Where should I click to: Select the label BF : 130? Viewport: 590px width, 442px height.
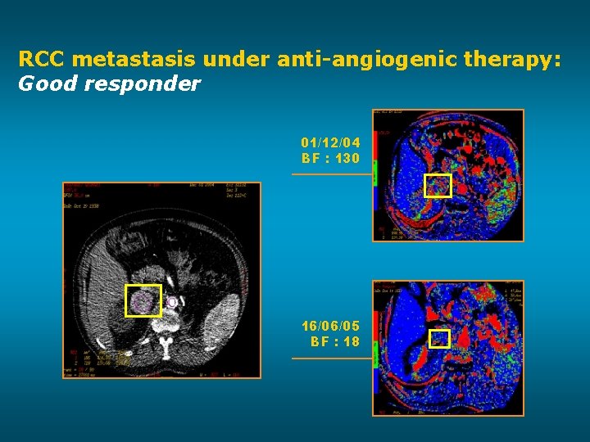point(330,158)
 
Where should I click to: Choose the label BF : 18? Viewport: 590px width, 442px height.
point(334,341)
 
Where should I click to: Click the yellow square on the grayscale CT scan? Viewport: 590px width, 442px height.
point(143,300)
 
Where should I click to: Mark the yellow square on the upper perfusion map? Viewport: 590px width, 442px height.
point(438,186)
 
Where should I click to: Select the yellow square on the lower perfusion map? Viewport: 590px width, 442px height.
point(440,339)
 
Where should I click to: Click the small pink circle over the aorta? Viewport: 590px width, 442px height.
point(172,303)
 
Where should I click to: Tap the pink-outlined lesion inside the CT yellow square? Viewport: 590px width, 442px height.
point(143,302)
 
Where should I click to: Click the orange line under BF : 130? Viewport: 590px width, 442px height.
point(332,174)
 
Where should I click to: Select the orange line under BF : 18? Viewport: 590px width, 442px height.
point(332,358)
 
